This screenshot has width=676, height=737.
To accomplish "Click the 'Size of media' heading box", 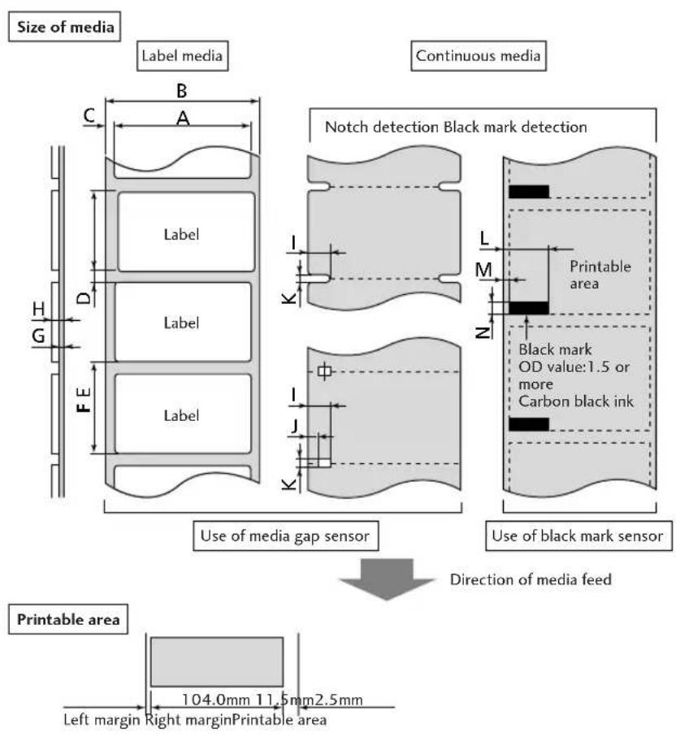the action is pyautogui.click(x=64, y=27).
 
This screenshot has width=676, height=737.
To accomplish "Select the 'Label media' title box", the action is pyautogui.click(x=182, y=56).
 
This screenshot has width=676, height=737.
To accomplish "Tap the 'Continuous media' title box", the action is pyautogui.click(x=479, y=56).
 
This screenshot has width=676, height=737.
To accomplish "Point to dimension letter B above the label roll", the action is pyautogui.click(x=181, y=91).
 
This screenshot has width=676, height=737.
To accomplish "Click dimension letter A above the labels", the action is pyautogui.click(x=183, y=118).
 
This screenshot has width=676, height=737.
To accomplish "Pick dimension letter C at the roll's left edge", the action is pyautogui.click(x=89, y=115).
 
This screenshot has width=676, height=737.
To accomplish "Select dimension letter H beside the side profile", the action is pyautogui.click(x=38, y=310).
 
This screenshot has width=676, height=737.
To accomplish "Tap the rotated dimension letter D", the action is pyautogui.click(x=84, y=297).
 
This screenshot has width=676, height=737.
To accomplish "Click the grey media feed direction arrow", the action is pyautogui.click(x=387, y=579).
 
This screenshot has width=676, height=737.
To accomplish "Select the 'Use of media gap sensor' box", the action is pyautogui.click(x=286, y=535).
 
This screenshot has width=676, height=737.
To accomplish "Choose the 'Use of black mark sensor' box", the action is pyautogui.click(x=578, y=535).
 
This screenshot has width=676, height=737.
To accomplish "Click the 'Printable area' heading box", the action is pyautogui.click(x=68, y=619).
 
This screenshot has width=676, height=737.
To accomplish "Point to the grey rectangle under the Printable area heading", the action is pyautogui.click(x=217, y=661).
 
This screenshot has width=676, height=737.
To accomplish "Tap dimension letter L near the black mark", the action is pyautogui.click(x=485, y=238).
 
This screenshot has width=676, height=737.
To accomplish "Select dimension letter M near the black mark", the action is pyautogui.click(x=483, y=270).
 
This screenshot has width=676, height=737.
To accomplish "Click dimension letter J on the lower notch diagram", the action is pyautogui.click(x=294, y=426).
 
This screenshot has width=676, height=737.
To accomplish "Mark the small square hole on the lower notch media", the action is pyautogui.click(x=324, y=371).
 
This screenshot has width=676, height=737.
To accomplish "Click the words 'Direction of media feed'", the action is pyautogui.click(x=531, y=579).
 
